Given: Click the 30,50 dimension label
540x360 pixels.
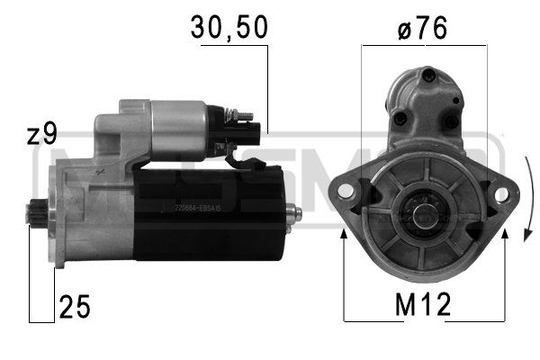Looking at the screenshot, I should coord(228,29).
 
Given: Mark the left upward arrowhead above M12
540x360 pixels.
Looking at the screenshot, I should coord(345,235).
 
